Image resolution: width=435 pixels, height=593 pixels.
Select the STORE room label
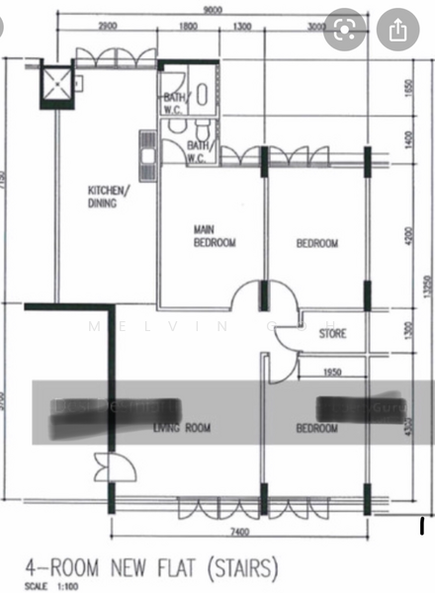332,334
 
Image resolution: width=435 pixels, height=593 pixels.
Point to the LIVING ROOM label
183,428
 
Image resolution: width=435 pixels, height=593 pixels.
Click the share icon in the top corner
397,31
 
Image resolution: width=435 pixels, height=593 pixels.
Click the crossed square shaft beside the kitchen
56,83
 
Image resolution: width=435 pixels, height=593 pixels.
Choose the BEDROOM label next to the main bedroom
317,244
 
